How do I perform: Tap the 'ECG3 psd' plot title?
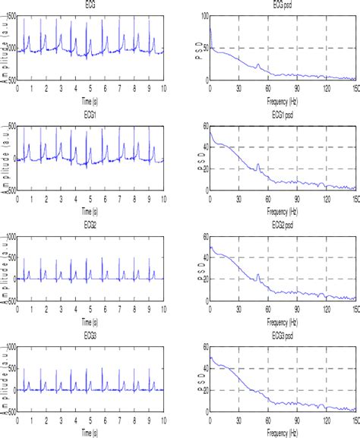click(x=282, y=338)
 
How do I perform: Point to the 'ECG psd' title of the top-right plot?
click(x=282, y=4)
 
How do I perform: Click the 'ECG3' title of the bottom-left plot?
click(x=90, y=338)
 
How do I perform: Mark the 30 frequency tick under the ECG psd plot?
click(x=238, y=87)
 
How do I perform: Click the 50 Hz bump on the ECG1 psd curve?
click(x=258, y=165)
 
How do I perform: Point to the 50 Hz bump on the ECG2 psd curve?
click(x=258, y=276)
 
